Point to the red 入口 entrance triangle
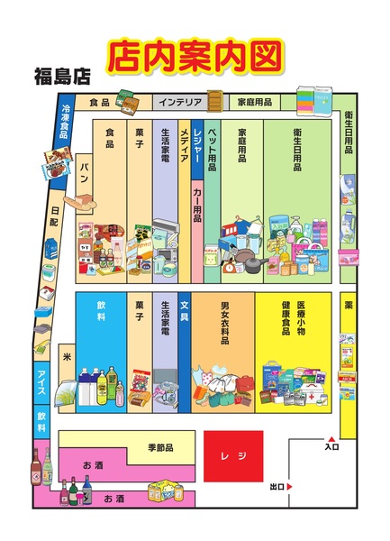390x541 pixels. coord(332,439)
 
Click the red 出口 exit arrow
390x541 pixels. coord(290,487)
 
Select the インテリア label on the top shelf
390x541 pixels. coord(181,102)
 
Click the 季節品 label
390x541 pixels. coord(159,447)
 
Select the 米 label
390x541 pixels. coord(65,356)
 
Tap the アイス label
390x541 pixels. coord(41,379)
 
